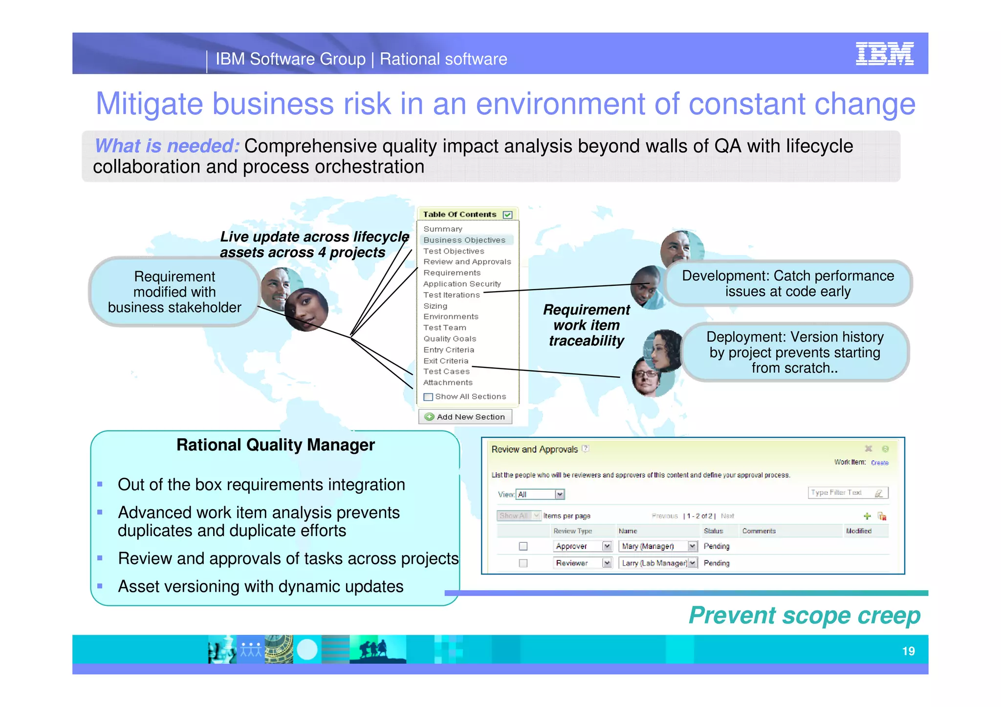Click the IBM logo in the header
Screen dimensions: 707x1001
coord(884,53)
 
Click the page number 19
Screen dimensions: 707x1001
coord(908,651)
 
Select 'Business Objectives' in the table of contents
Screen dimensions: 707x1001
coord(464,240)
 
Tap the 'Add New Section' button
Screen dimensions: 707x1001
coord(465,417)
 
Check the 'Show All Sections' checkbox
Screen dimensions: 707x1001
coord(428,397)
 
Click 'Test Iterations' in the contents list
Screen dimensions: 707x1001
coord(452,295)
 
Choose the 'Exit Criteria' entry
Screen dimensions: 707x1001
coord(446,361)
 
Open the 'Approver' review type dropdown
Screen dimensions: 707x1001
coord(607,546)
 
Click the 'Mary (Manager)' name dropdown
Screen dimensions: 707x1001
coord(692,546)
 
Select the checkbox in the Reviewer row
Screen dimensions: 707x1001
coord(523,563)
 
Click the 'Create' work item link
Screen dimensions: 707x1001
coord(879,463)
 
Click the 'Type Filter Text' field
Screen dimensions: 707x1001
coord(841,493)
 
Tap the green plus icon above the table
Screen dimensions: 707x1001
coord(867,516)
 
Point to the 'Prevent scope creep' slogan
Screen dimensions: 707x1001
coord(804,615)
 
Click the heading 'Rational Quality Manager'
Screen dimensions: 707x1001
coord(275,445)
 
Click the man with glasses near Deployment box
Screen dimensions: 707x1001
coord(646,376)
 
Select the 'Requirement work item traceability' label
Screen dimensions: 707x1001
coord(586,325)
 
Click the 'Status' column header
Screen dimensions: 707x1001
coord(713,531)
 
